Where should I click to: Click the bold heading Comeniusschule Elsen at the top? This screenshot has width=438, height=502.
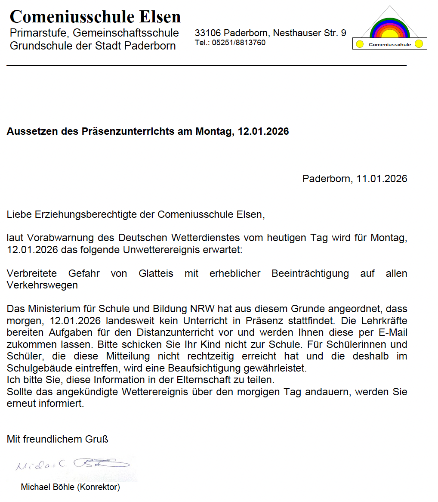point(95,17)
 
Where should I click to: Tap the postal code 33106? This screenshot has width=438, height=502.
point(208,33)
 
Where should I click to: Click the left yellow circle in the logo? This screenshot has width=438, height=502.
point(360,44)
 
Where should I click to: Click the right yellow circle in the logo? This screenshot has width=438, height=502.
point(419,44)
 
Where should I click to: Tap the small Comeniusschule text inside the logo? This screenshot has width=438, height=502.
point(390,44)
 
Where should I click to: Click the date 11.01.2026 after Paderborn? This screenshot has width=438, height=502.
point(382,179)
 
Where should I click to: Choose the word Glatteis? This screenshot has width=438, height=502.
point(156,274)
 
